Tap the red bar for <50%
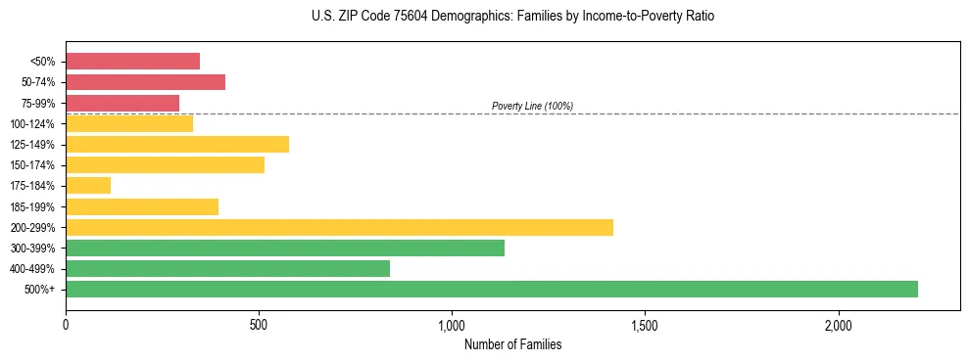tap(132, 61)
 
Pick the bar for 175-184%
tap(88, 185)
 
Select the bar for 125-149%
tap(177, 144)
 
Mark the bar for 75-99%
tap(122, 103)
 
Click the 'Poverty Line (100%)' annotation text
tap(532, 106)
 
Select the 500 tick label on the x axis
tap(259, 324)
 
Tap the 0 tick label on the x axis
tap(66, 324)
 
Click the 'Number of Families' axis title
tap(512, 344)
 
